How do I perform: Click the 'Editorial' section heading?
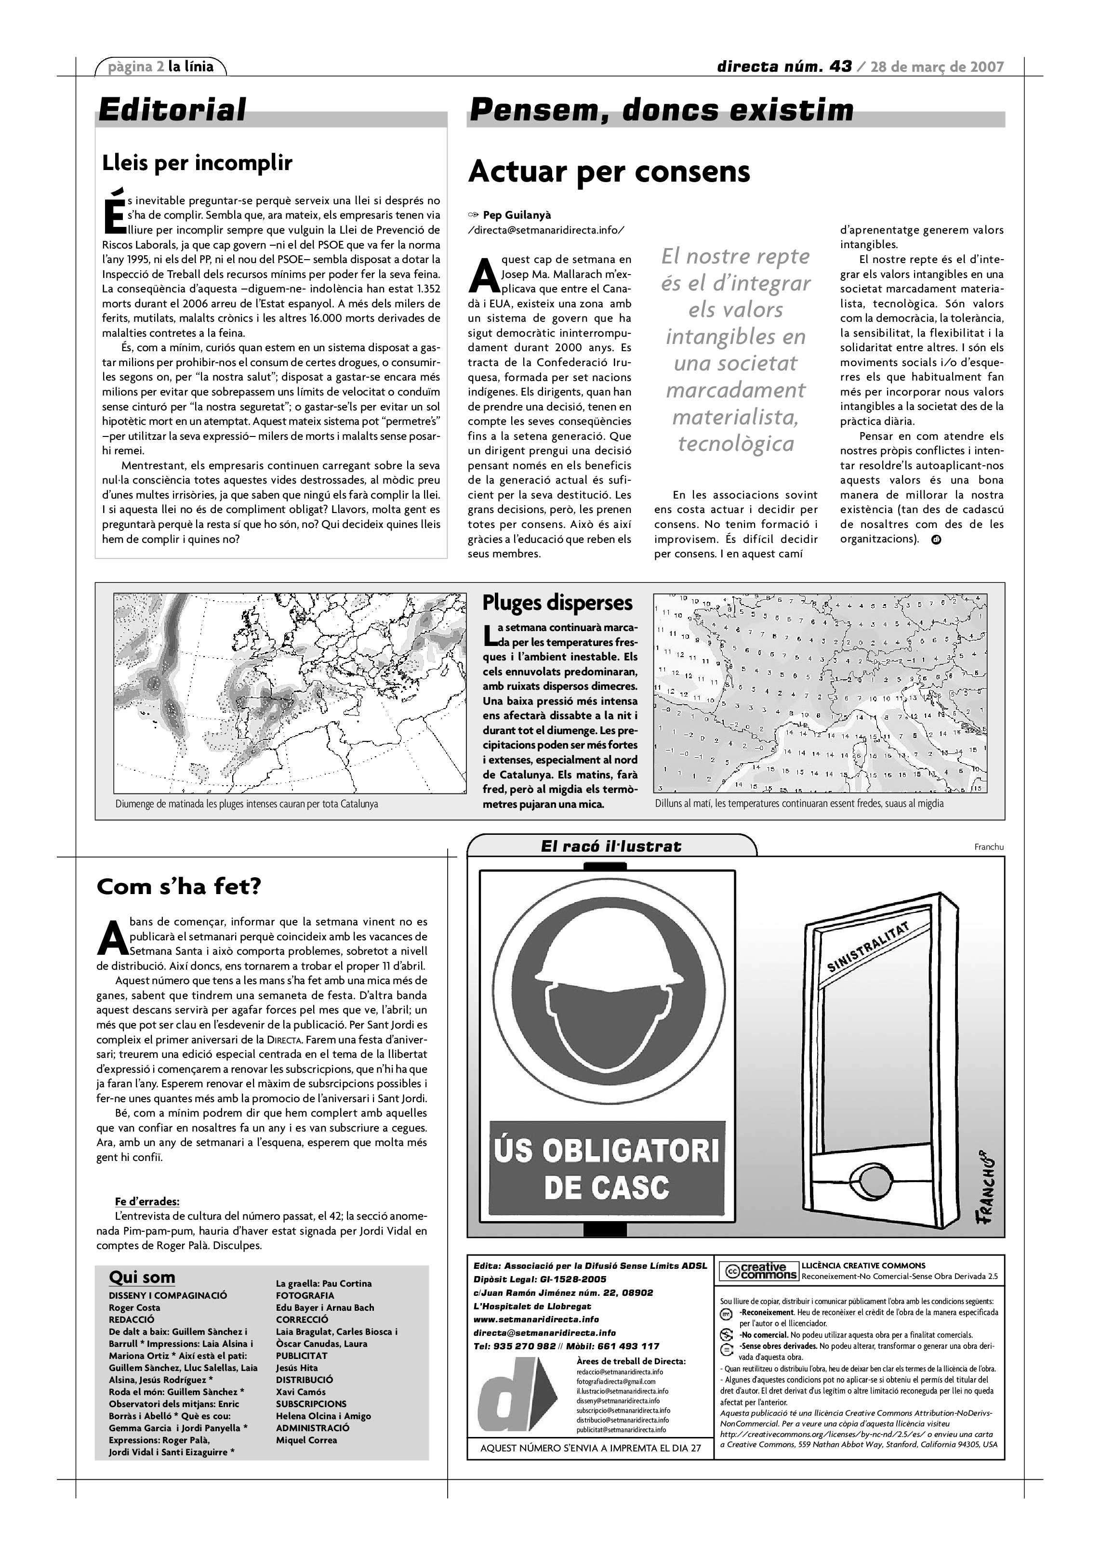pos(172,110)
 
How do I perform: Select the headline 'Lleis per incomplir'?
pos(197,163)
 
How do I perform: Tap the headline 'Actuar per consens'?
pos(609,171)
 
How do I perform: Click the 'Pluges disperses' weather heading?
pos(557,603)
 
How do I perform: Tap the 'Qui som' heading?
pos(142,1278)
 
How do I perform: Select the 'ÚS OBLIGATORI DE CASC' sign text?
pos(606,1169)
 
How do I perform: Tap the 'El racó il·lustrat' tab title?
pos(611,846)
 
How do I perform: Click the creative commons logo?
pos(758,1271)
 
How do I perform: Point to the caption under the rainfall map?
pos(247,804)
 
